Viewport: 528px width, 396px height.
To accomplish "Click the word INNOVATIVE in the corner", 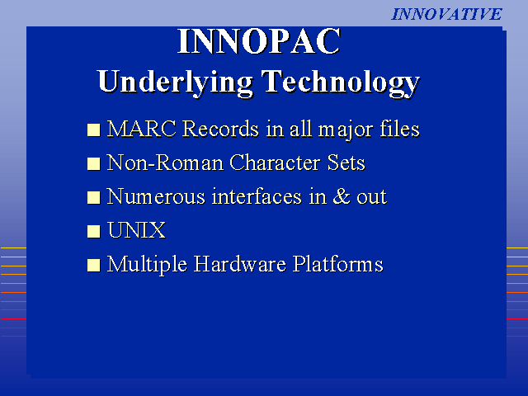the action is (x=447, y=14).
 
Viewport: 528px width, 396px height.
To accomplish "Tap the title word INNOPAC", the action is (x=259, y=41).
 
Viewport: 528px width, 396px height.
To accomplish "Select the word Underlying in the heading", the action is (x=175, y=82).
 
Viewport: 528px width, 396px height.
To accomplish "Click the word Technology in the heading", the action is (x=341, y=82).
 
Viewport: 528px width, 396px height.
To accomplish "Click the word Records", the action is (x=221, y=129).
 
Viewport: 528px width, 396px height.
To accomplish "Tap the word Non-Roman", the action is (x=165, y=163).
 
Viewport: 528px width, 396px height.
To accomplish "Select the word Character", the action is (x=275, y=163).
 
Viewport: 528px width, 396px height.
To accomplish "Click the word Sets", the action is (x=346, y=163).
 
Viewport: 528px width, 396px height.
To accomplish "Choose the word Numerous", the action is (x=156, y=196).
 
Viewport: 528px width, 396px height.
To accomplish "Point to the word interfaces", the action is (x=257, y=196).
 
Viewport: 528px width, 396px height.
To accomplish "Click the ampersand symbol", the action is (x=342, y=196).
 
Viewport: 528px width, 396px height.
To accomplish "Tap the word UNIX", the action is (x=136, y=230).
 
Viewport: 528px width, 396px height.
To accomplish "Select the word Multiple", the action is (x=147, y=264).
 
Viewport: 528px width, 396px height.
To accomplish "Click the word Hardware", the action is (x=240, y=264).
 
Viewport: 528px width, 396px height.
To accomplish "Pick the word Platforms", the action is (x=338, y=264).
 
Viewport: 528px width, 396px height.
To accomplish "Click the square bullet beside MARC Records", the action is (x=93, y=130).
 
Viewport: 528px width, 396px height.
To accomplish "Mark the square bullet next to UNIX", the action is (x=93, y=232).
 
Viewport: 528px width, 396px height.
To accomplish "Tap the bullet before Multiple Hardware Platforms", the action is (x=93, y=266).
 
